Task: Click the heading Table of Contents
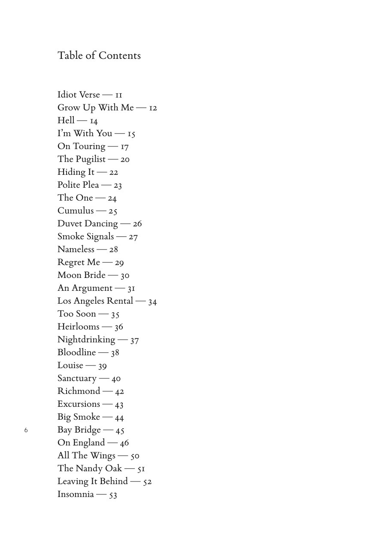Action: [99, 56]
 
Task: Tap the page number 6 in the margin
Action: [26, 430]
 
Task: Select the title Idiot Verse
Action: [79, 95]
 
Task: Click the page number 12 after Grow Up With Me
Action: [153, 108]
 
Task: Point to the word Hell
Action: [66, 120]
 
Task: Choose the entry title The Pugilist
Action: [82, 159]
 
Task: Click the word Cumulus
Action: [76, 210]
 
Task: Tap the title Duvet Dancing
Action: [88, 224]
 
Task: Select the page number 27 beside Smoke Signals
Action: [133, 237]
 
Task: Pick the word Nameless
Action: [76, 249]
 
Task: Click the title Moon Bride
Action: [82, 275]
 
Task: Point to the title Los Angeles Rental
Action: [95, 301]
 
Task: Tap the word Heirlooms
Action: [79, 326]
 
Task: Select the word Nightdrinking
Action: [86, 340]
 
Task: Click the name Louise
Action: [70, 365]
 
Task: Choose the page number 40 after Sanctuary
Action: [116, 378]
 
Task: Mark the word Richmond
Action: [79, 391]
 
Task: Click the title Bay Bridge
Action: [79, 430]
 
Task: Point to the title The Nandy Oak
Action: [90, 468]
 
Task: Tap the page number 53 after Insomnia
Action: [113, 494]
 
